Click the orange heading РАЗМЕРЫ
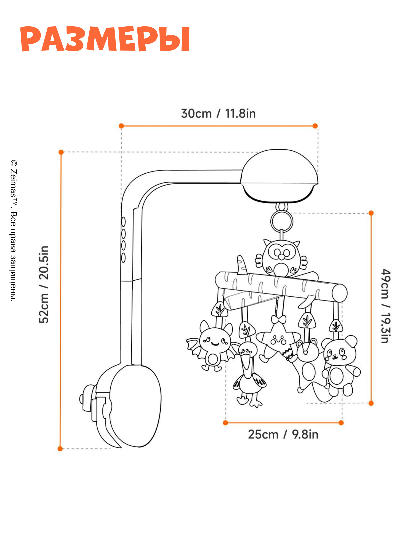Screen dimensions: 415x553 click(x=105, y=39)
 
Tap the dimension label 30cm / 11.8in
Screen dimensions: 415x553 click(x=218, y=114)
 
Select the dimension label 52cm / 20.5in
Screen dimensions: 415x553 click(x=44, y=284)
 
